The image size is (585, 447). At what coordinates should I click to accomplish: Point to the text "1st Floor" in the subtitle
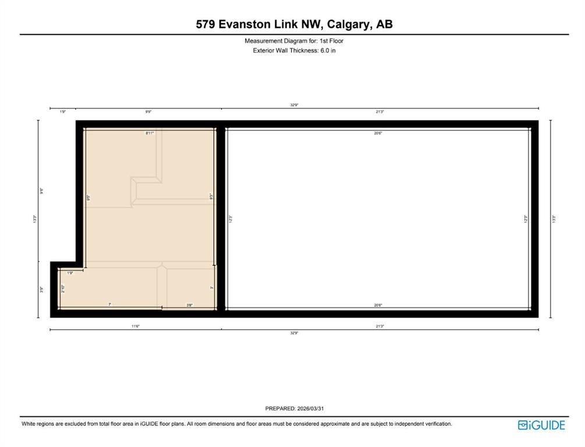331,41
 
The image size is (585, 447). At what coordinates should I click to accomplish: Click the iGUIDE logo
541,425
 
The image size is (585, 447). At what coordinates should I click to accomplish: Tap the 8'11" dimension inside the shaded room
150,133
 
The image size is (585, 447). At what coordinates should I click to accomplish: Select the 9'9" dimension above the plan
148,111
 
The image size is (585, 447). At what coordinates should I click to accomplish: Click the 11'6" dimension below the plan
136,327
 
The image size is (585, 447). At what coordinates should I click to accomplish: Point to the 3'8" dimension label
190,305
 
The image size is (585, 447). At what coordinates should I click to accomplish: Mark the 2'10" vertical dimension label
63,289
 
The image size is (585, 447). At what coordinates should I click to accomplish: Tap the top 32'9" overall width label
295,105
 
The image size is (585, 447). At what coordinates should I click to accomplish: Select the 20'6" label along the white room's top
378,133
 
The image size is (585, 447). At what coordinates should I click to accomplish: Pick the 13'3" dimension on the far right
554,219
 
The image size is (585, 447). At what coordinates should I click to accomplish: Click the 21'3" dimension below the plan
380,327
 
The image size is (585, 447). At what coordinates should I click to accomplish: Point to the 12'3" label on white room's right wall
526,219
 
